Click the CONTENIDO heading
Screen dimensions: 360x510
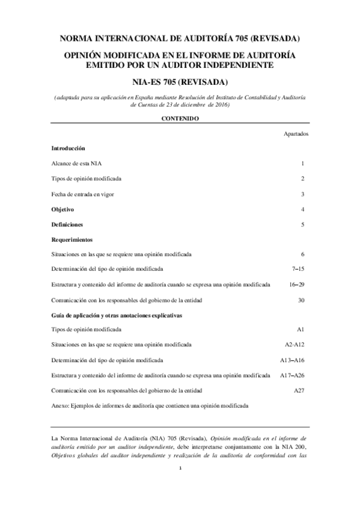(180, 119)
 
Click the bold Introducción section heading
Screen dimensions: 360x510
(68, 148)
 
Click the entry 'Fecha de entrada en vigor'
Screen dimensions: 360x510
(82, 194)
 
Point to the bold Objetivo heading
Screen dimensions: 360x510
(63, 209)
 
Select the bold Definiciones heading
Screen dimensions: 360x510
(67, 224)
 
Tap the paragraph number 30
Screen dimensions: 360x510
(302, 300)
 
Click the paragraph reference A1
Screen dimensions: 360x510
(301, 330)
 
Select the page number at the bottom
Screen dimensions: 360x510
(180, 468)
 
